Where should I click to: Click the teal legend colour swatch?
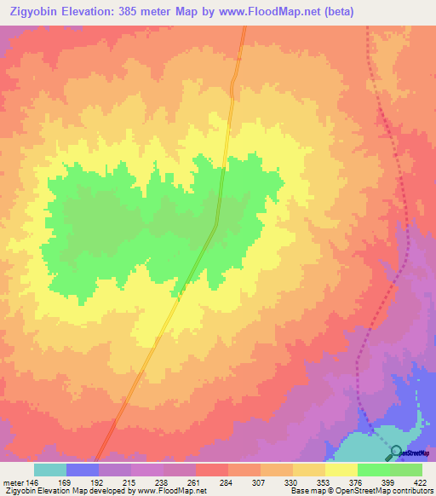[50, 470]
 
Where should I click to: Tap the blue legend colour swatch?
[83, 470]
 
